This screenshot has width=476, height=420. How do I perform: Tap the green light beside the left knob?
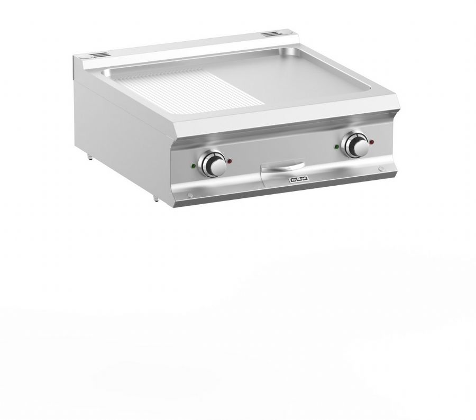(x=193, y=166)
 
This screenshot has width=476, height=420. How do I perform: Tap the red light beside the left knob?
(x=230, y=161)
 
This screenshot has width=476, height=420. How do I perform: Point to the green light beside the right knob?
(x=336, y=147)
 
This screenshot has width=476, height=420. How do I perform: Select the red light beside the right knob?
(x=372, y=142)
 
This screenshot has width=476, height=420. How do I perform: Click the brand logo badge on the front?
(x=298, y=180)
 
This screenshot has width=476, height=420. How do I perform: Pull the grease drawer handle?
(x=283, y=166)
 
